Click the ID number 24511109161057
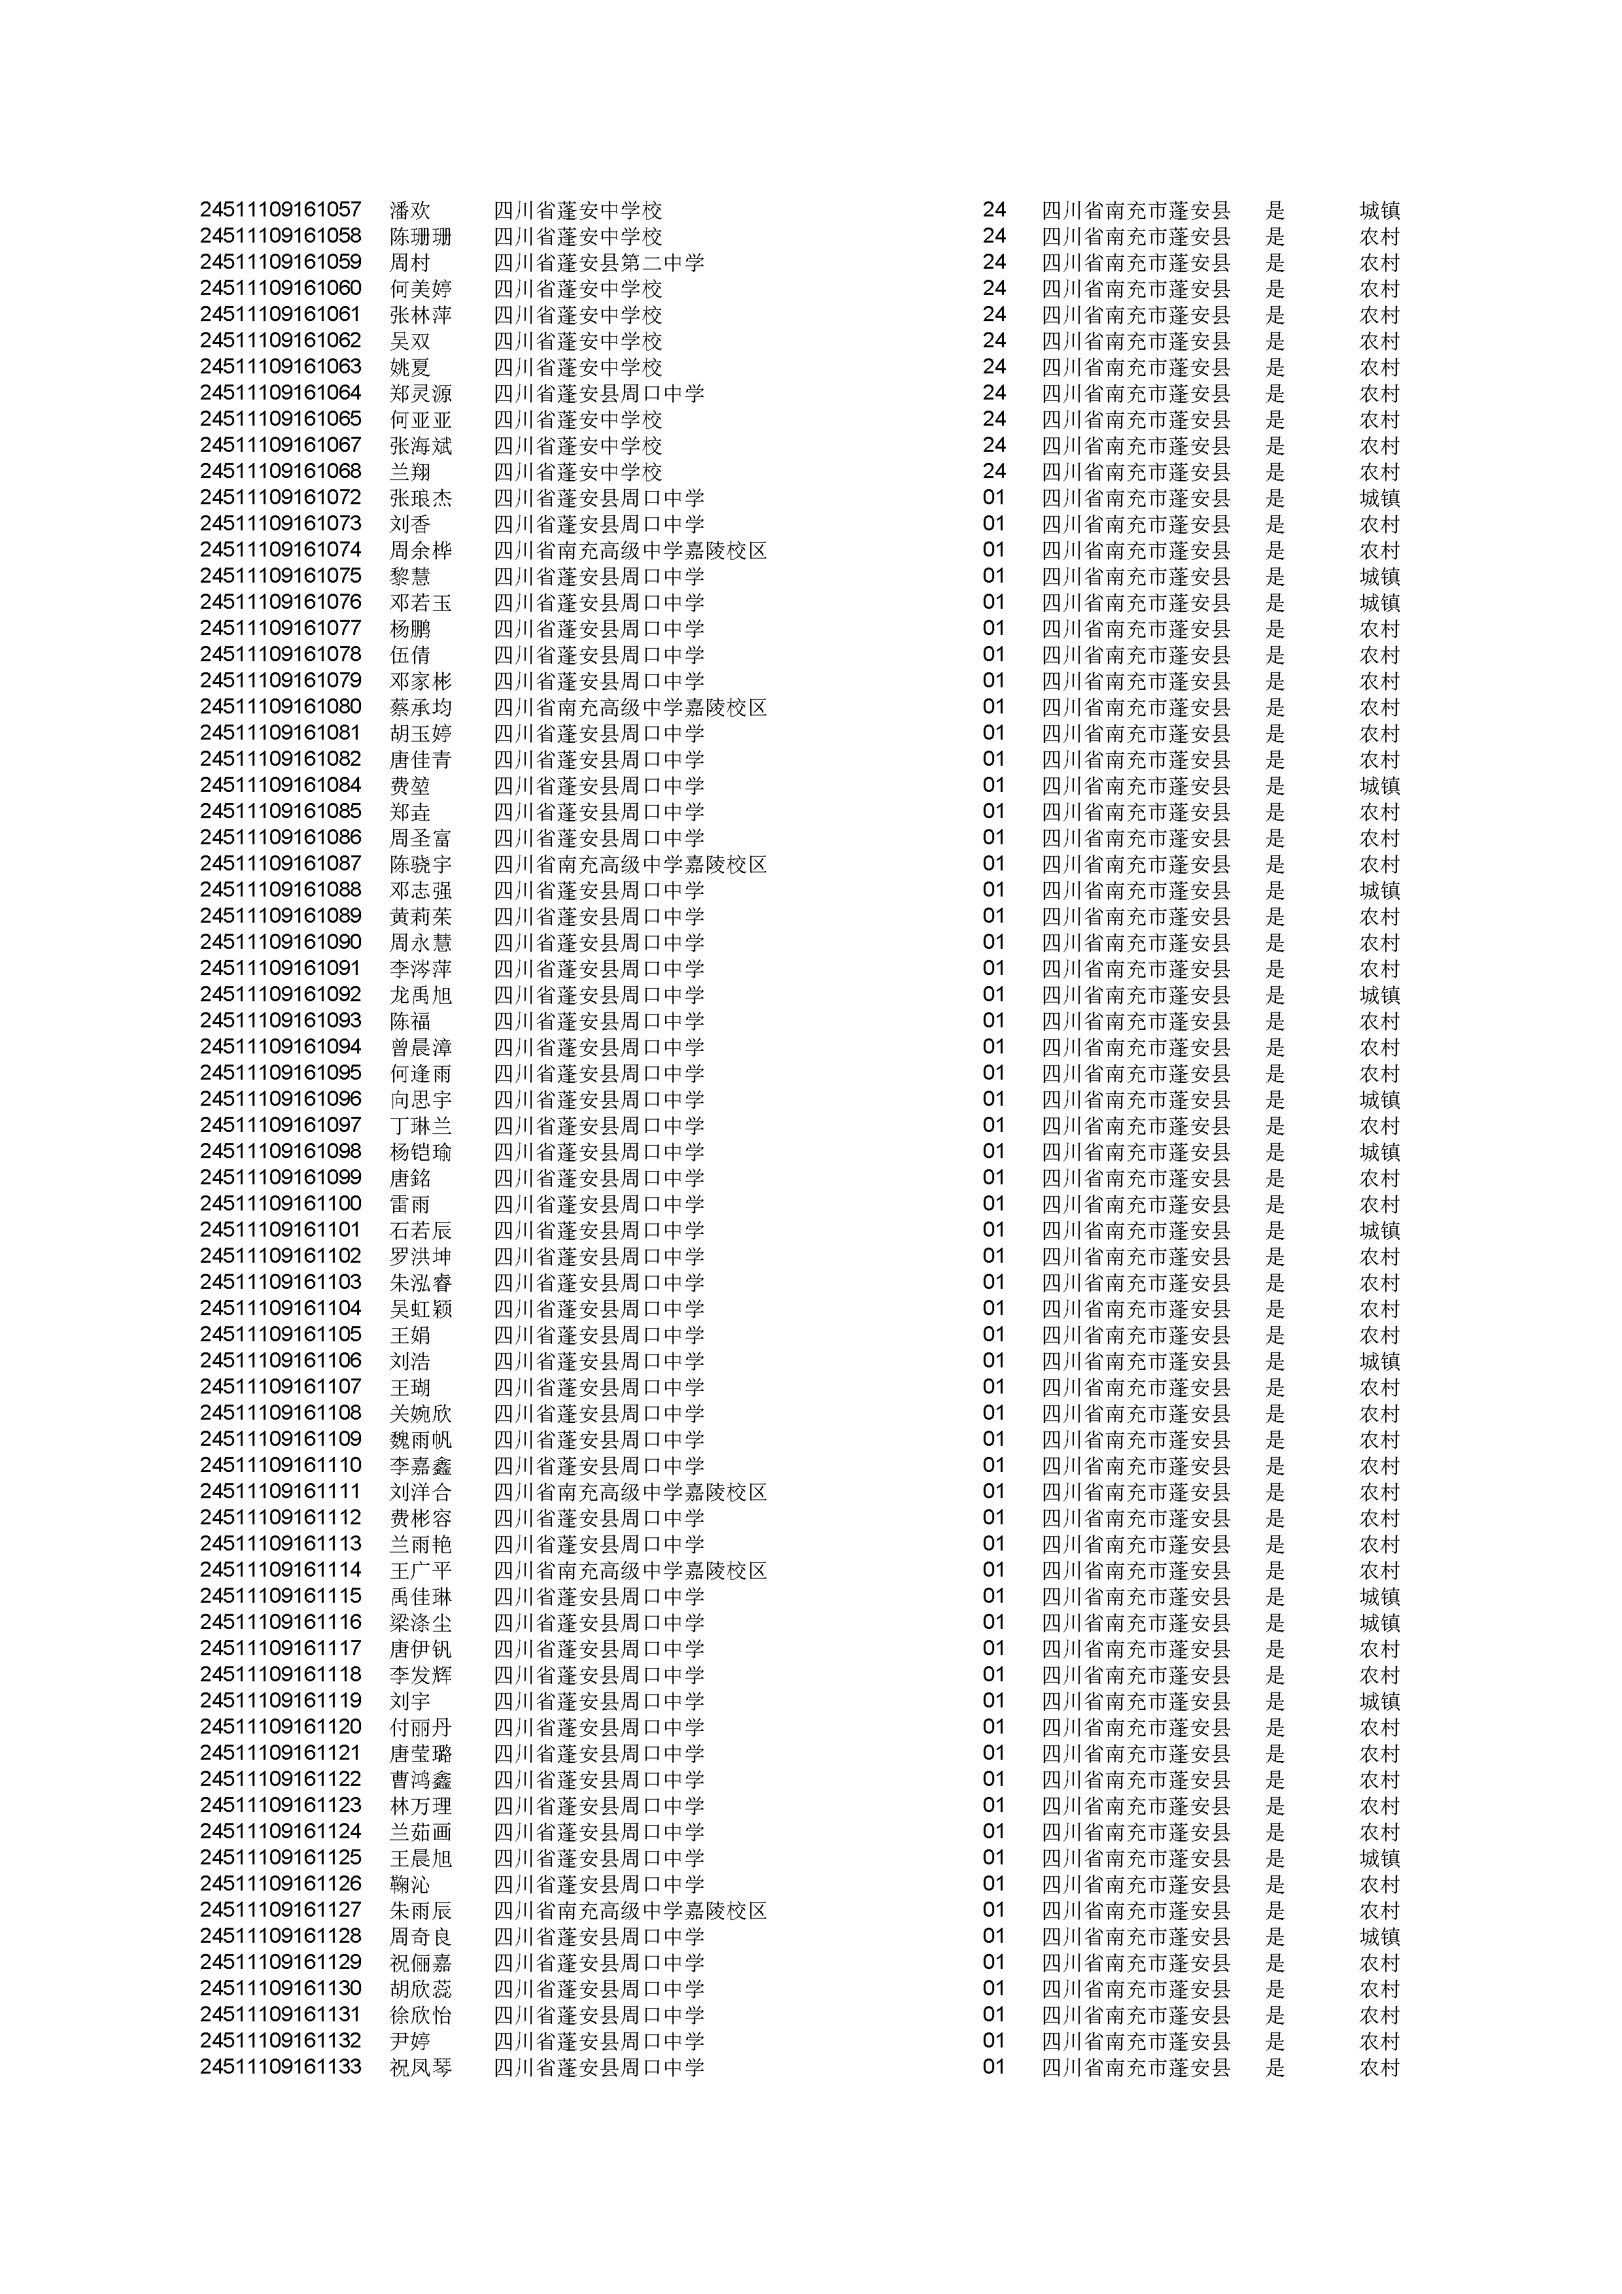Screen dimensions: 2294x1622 [x=280, y=210]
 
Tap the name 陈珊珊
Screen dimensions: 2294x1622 [x=421, y=237]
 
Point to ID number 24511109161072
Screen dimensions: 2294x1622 [x=280, y=498]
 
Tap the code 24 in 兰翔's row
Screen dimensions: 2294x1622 [x=993, y=471]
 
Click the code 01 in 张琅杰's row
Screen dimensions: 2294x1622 [x=993, y=498]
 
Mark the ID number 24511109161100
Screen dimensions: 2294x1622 [x=280, y=1204]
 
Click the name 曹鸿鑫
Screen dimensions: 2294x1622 [x=421, y=1779]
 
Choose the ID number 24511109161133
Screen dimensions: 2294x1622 [x=280, y=2067]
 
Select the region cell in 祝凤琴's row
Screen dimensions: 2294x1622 [x=1135, y=2067]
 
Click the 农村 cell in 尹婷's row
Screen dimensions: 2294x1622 [x=1379, y=2041]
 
